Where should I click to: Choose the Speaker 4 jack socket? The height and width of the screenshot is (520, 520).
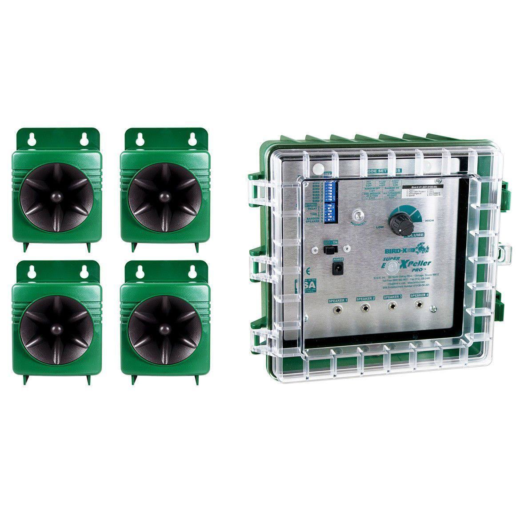point(419,306)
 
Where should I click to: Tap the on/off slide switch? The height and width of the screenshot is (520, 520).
point(328,250)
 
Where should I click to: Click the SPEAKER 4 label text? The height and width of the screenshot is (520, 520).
point(419,296)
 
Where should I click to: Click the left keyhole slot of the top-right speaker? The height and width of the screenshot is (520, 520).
point(140,138)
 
